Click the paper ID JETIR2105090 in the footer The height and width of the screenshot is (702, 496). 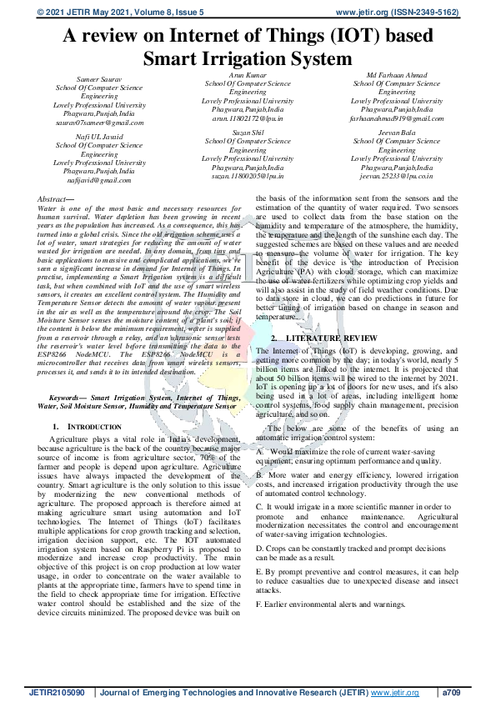(58, 691)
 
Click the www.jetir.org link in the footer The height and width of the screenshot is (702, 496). (394, 691)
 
